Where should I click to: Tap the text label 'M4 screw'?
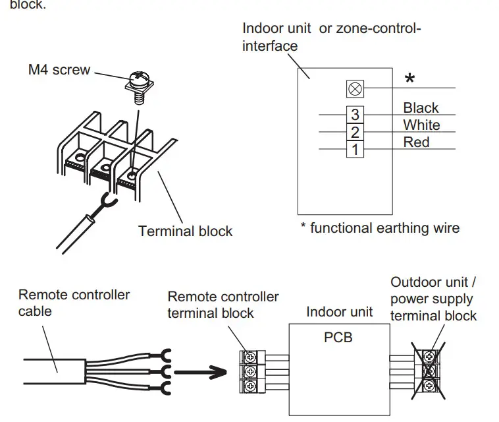[x=59, y=70]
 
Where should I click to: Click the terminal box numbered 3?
[x=355, y=115]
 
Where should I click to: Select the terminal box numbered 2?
[x=355, y=132]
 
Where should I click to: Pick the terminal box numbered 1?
[x=355, y=149]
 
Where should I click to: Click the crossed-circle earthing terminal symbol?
[x=355, y=88]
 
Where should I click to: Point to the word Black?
[x=421, y=107]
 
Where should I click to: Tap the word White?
[x=422, y=125]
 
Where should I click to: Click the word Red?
[x=416, y=142]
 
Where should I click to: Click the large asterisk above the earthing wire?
[x=410, y=78]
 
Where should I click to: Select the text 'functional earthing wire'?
[x=384, y=228]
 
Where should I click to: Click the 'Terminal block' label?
[x=185, y=231]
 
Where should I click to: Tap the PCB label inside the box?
[x=338, y=338]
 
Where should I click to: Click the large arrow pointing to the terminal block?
[x=201, y=373]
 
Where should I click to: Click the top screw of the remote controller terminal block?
[x=250, y=357]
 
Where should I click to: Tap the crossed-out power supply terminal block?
[x=429, y=371]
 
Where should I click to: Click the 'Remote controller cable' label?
[x=74, y=303]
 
